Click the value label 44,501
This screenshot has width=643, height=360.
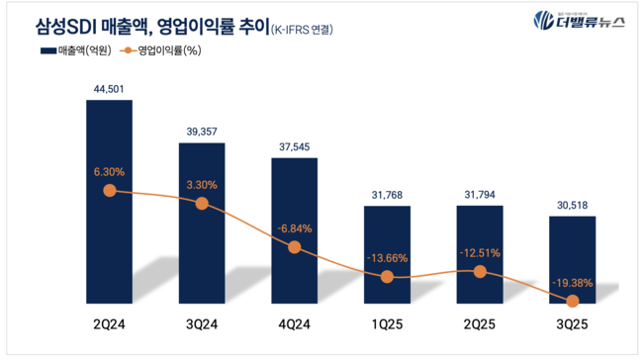pos(109,89)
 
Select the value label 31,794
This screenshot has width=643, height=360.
pos(479,195)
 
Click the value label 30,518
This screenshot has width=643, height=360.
pos(572,204)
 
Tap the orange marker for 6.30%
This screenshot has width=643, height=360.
pos(109,190)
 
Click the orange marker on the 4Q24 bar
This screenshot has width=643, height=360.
pos(294,247)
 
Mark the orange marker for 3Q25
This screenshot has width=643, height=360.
pos(572,300)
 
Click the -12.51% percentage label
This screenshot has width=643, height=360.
pos(479,252)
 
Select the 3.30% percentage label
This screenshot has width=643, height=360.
pos(201,183)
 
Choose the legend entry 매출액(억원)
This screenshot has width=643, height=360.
pos(75,50)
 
